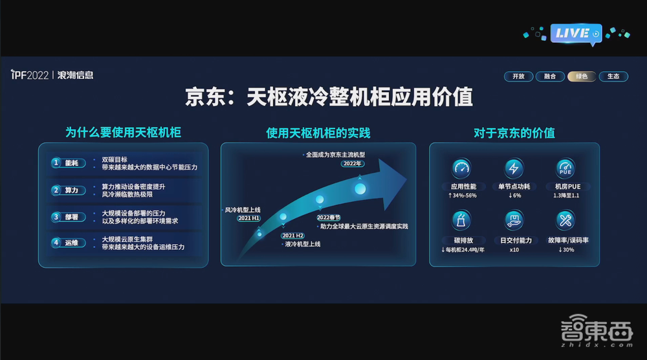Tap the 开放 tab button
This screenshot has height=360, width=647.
518,76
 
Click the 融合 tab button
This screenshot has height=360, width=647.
550,76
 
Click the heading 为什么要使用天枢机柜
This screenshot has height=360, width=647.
123,133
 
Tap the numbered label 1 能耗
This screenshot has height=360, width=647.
66,163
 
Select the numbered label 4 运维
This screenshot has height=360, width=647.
66,243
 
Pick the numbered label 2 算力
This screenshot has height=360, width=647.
66,190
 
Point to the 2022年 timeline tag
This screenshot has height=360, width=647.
352,164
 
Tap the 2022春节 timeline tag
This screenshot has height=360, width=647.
329,218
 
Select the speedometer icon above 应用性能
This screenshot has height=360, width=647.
463,169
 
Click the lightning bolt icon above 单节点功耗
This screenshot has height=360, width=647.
514,169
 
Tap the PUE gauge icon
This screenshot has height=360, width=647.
565,169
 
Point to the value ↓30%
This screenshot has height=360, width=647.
565,250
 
